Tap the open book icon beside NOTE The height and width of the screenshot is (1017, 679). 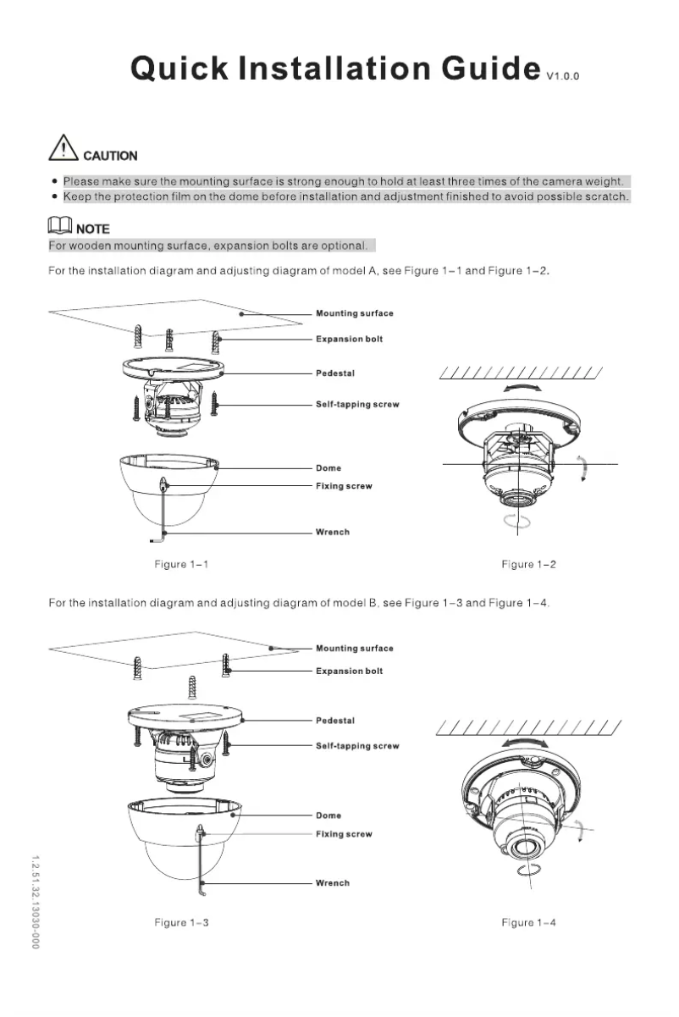click(58, 226)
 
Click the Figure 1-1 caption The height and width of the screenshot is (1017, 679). click(181, 564)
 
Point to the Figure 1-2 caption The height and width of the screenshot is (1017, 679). click(528, 564)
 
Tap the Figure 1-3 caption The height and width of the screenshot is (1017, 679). click(181, 922)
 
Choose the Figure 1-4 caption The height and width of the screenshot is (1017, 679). click(528, 922)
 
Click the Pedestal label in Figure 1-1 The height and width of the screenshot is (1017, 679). click(335, 373)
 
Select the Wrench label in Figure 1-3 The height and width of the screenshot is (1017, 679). click(333, 882)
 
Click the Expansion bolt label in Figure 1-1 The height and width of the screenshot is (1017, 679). click(349, 339)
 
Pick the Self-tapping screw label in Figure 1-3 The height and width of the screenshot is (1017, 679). click(357, 746)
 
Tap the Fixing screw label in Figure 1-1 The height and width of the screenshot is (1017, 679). click(344, 486)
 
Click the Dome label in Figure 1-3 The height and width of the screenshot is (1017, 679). click(328, 815)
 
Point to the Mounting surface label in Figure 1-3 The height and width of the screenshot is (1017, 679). click(355, 648)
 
